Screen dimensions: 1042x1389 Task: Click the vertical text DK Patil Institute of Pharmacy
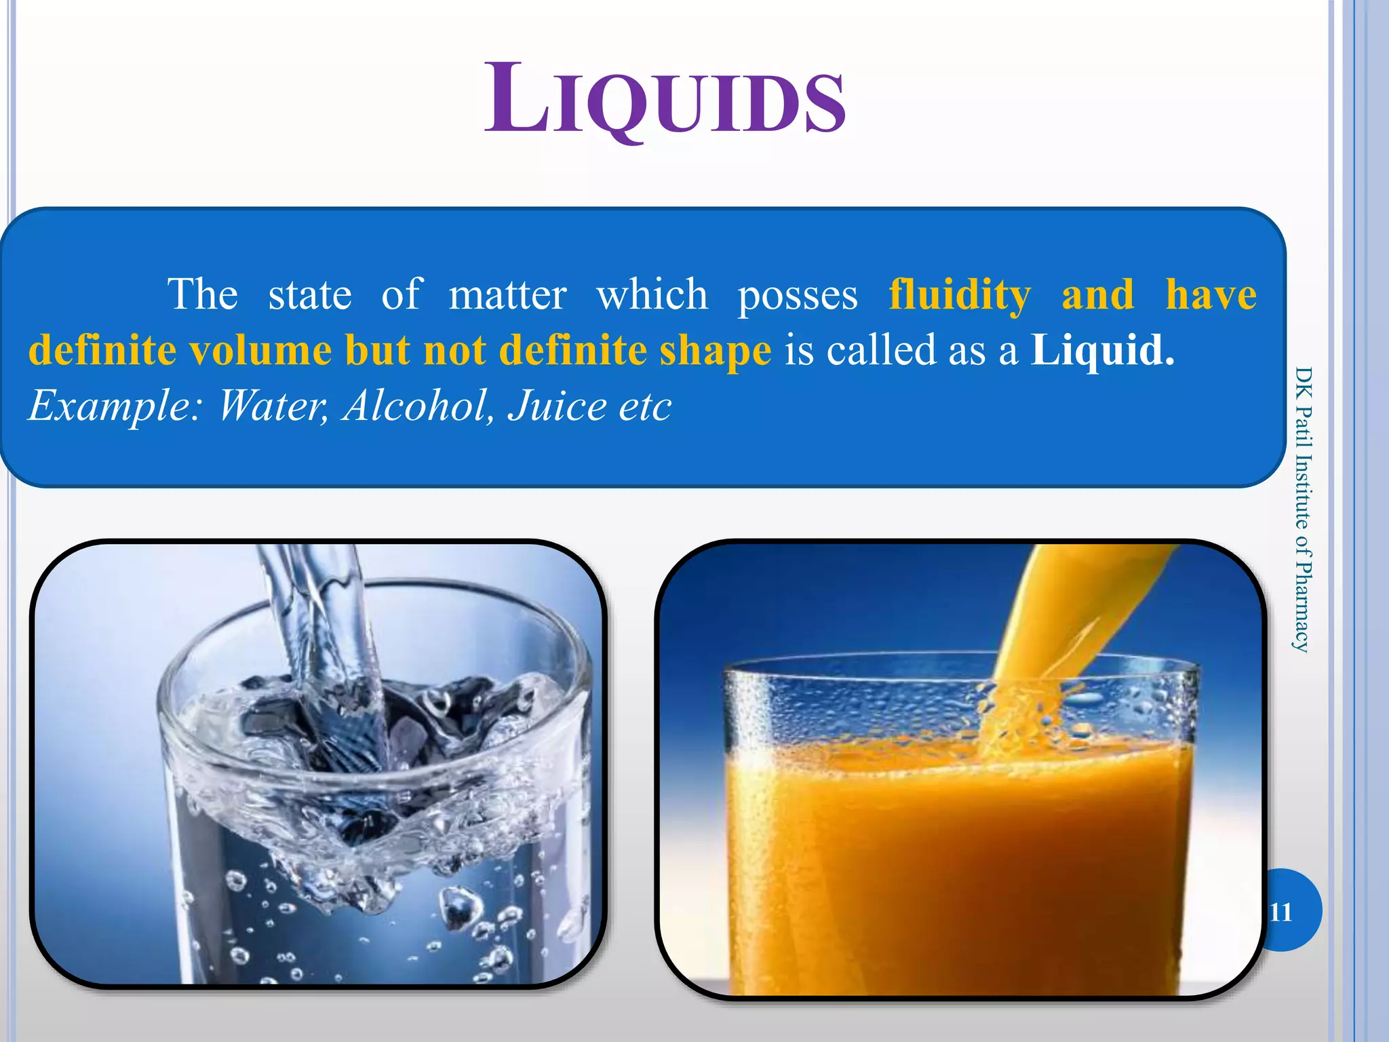tap(1302, 509)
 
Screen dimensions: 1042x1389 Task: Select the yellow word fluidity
tap(959, 295)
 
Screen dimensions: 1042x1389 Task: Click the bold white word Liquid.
tap(1101, 351)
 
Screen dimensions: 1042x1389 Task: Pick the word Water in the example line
tap(271, 406)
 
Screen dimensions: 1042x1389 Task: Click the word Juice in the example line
tap(556, 406)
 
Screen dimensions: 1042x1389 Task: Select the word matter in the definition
tap(507, 295)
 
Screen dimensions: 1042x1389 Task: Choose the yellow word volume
tap(260, 351)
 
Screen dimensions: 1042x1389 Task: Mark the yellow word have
tap(1211, 295)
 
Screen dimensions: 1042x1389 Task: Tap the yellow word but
tap(377, 351)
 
